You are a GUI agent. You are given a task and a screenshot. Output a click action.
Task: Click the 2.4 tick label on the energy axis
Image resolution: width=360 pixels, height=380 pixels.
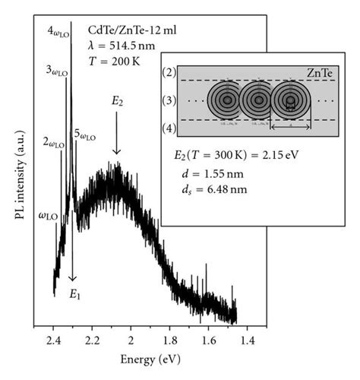(54, 337)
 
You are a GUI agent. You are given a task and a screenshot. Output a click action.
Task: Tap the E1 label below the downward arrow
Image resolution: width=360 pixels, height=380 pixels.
(74, 295)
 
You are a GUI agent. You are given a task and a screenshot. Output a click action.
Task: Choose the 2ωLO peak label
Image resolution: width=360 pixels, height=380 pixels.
(55, 143)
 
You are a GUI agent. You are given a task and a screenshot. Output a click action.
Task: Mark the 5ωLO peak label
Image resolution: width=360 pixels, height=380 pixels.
(86, 136)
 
